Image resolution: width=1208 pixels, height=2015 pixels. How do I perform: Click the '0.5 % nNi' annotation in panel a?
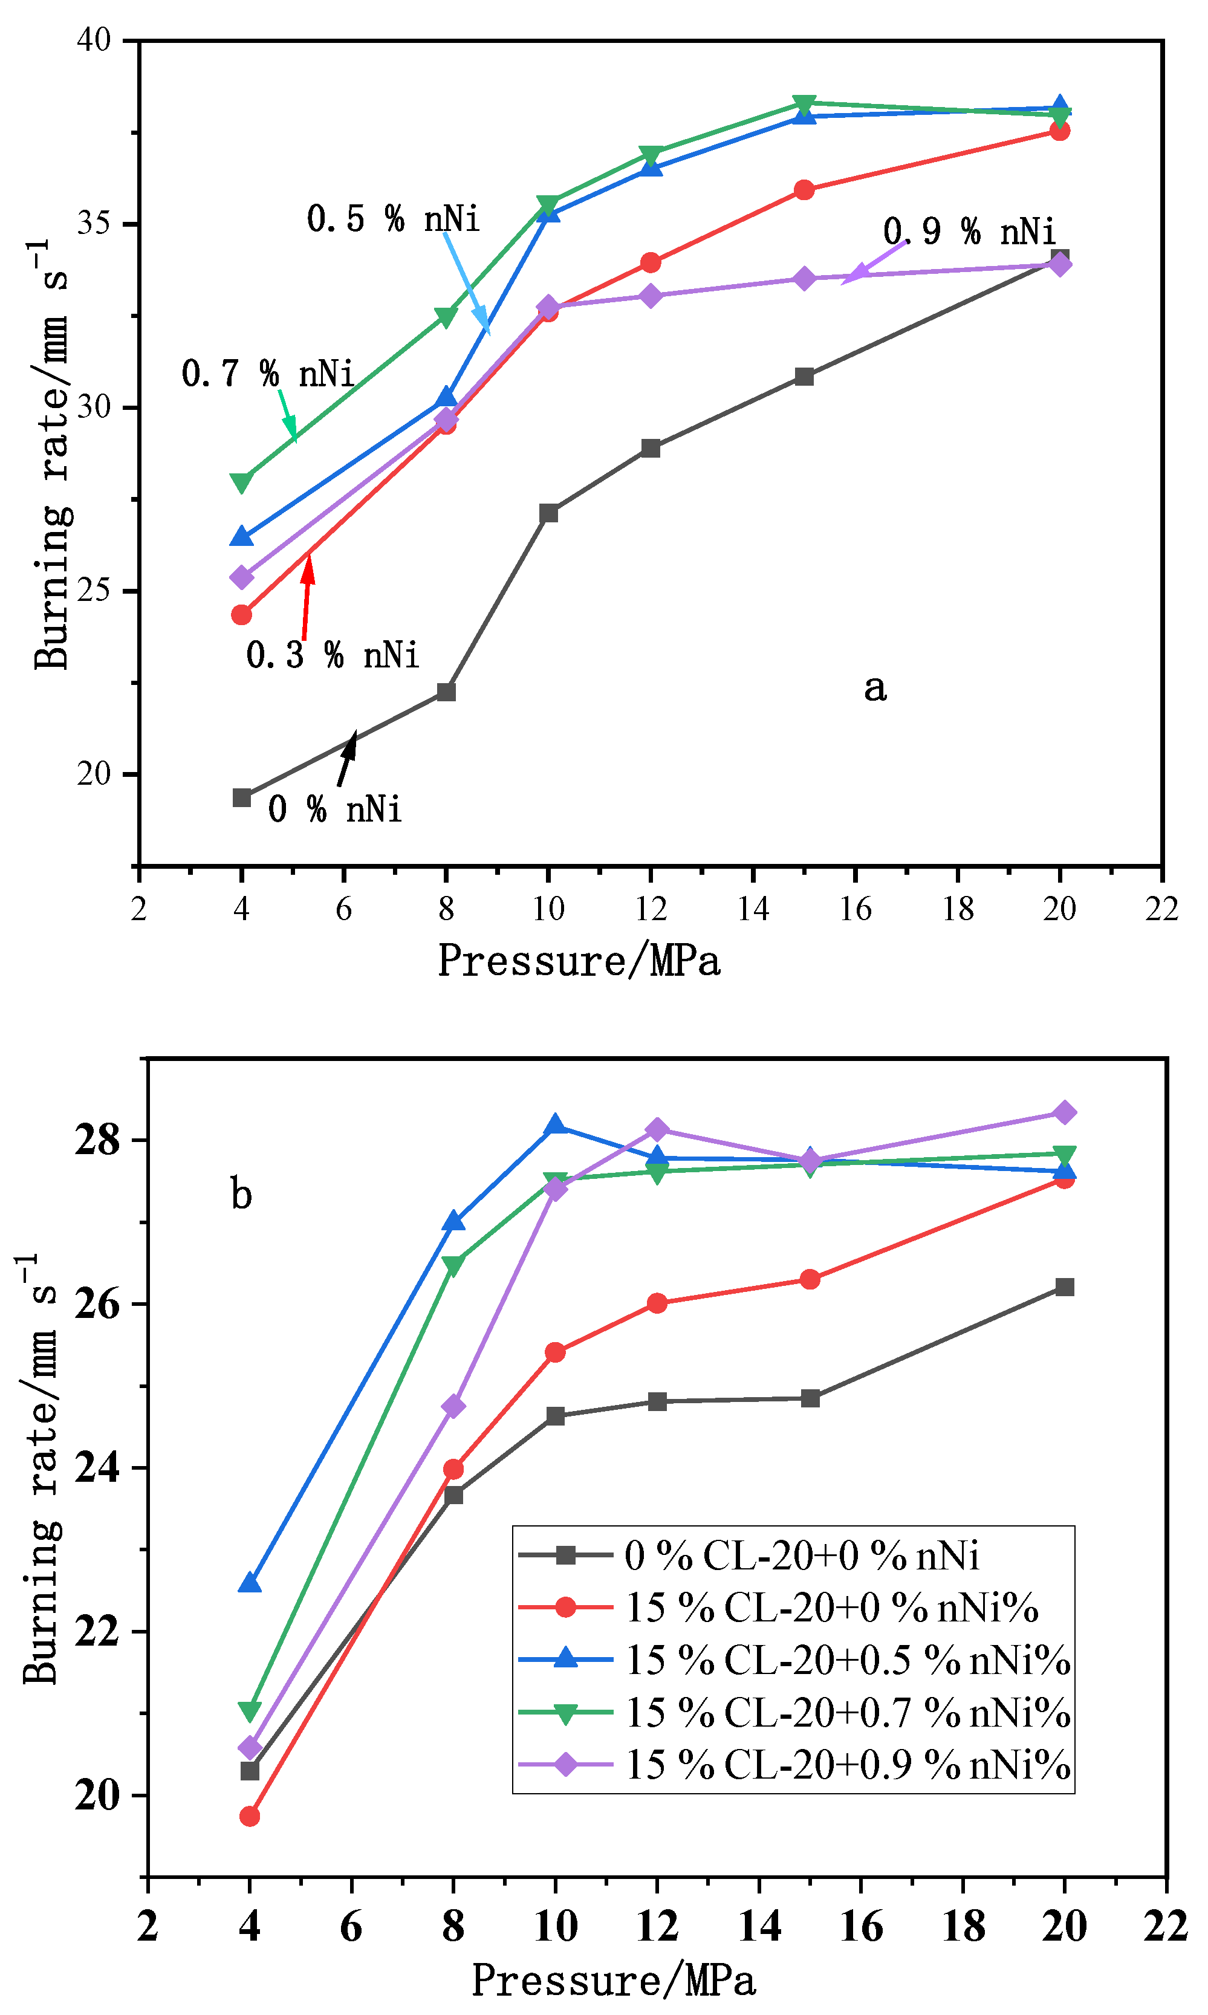(x=393, y=219)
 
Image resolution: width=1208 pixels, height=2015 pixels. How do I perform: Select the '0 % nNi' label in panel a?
(x=334, y=810)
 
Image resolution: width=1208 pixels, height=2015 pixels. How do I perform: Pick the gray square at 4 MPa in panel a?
(x=242, y=797)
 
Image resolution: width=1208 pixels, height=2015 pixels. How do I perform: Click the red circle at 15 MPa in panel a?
(x=804, y=190)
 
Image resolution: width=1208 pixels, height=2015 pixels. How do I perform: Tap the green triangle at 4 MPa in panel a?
(x=242, y=482)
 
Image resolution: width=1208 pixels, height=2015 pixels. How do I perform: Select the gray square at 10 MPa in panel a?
(x=548, y=513)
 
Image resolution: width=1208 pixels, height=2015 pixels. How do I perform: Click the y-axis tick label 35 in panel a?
(x=94, y=223)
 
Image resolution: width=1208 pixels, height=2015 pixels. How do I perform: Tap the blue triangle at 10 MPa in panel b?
(x=555, y=1126)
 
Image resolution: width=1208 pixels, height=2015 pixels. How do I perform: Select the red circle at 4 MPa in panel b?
(x=250, y=1817)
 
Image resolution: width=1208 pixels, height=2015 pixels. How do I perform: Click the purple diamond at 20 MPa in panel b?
(x=1064, y=1112)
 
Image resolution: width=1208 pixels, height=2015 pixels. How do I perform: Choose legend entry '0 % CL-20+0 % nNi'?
(x=801, y=1555)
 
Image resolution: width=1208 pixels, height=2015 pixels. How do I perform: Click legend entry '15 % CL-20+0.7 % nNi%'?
(x=846, y=1713)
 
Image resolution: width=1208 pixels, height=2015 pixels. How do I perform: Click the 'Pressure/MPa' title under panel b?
(x=614, y=1980)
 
